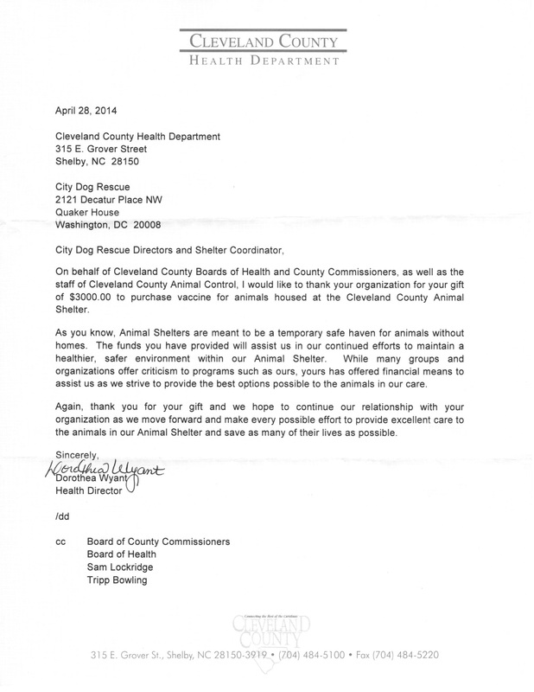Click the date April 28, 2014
pyautogui.click(x=86, y=111)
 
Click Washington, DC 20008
pyautogui.click(x=108, y=228)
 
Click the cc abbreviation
pyautogui.click(x=60, y=542)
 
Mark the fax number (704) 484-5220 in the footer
pyautogui.click(x=404, y=657)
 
